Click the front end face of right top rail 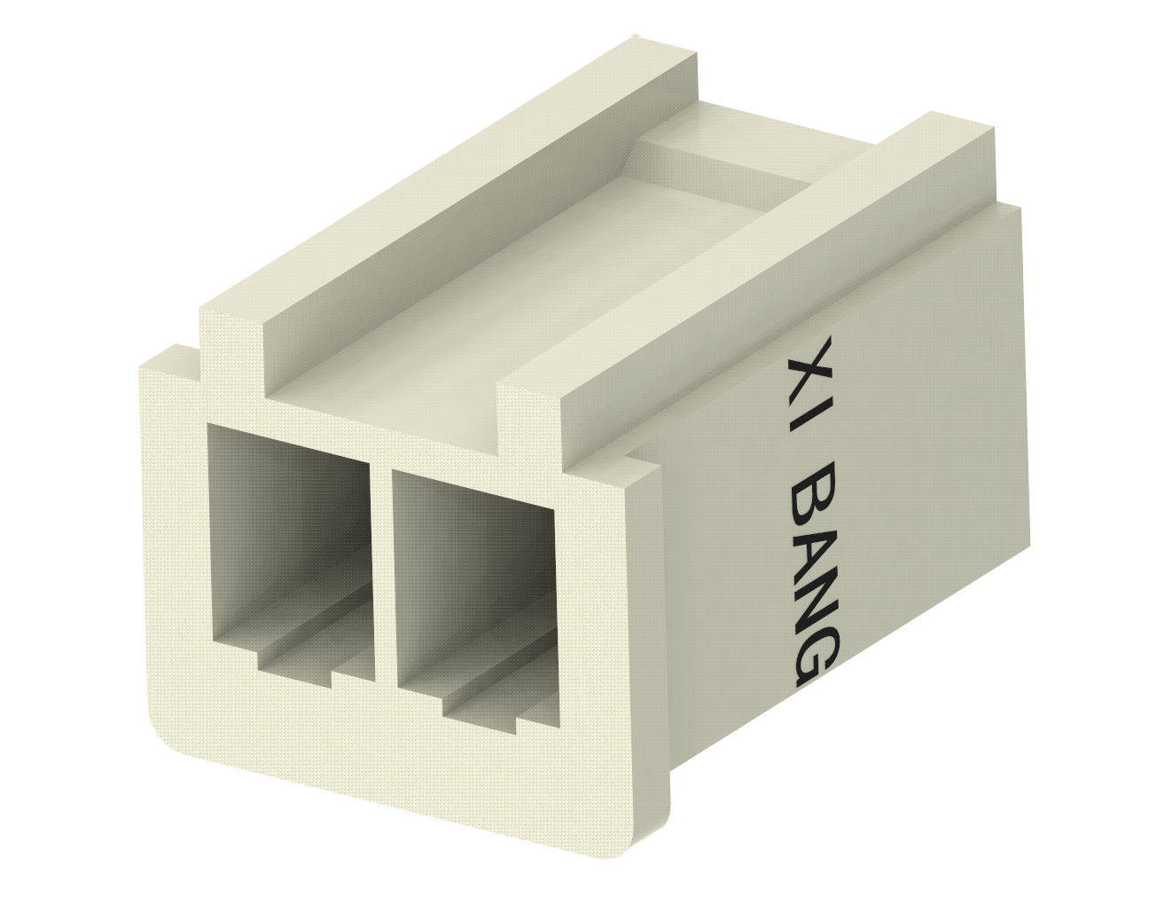tap(529, 417)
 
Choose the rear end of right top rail tap(962, 124)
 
